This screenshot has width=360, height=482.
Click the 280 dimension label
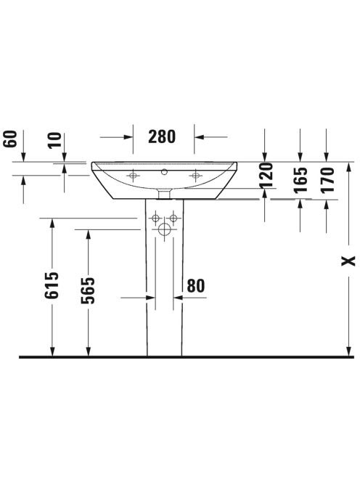pos(162,136)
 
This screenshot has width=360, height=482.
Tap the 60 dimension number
pos(9,139)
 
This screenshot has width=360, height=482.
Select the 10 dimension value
pos(54,140)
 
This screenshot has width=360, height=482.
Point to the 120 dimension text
pos(266,175)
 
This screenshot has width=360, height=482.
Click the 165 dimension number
pos(300,180)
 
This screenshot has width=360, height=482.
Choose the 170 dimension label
pos(327,180)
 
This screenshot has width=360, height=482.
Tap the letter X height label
pos(348,261)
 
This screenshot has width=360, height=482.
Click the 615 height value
pos(52,285)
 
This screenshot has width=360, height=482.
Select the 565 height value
pos(88,290)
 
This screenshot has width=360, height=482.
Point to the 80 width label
pos(196,286)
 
